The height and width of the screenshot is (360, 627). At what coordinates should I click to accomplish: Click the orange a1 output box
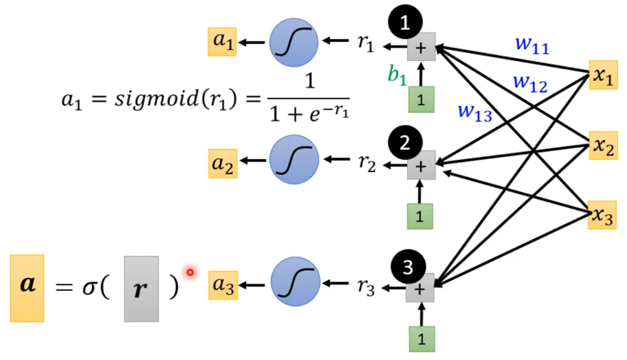click(222, 43)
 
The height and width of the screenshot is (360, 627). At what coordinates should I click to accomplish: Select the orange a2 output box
click(222, 163)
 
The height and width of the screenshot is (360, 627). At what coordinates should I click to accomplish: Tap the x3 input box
click(602, 215)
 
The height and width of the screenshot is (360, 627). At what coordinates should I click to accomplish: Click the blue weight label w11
click(532, 46)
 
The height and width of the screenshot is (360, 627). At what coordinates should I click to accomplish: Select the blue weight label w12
click(530, 83)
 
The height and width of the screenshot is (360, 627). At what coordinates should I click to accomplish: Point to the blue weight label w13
click(474, 112)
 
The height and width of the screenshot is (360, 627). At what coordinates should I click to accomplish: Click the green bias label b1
click(397, 75)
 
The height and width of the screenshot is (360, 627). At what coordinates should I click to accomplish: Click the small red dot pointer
click(190, 272)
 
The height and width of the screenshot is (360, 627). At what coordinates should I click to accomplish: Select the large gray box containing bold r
click(141, 289)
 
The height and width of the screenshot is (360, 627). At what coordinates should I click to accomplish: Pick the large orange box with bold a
click(27, 287)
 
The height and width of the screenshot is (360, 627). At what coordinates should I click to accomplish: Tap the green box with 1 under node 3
click(421, 339)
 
